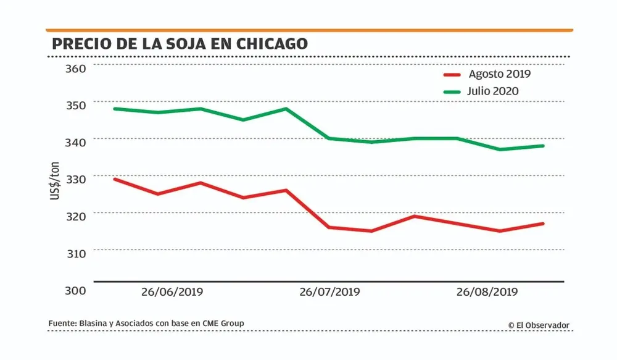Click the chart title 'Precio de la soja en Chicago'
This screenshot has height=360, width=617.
click(180, 44)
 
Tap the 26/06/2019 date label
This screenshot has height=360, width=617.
click(173, 291)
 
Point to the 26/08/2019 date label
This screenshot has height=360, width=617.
click(486, 291)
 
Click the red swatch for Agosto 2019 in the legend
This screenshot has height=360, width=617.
click(453, 75)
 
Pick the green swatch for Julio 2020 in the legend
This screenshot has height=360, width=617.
click(453, 91)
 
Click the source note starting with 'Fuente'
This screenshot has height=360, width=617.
click(146, 324)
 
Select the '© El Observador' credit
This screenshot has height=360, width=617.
click(539, 325)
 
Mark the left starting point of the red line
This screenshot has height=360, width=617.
click(115, 179)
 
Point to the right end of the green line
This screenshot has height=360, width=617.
click(543, 146)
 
